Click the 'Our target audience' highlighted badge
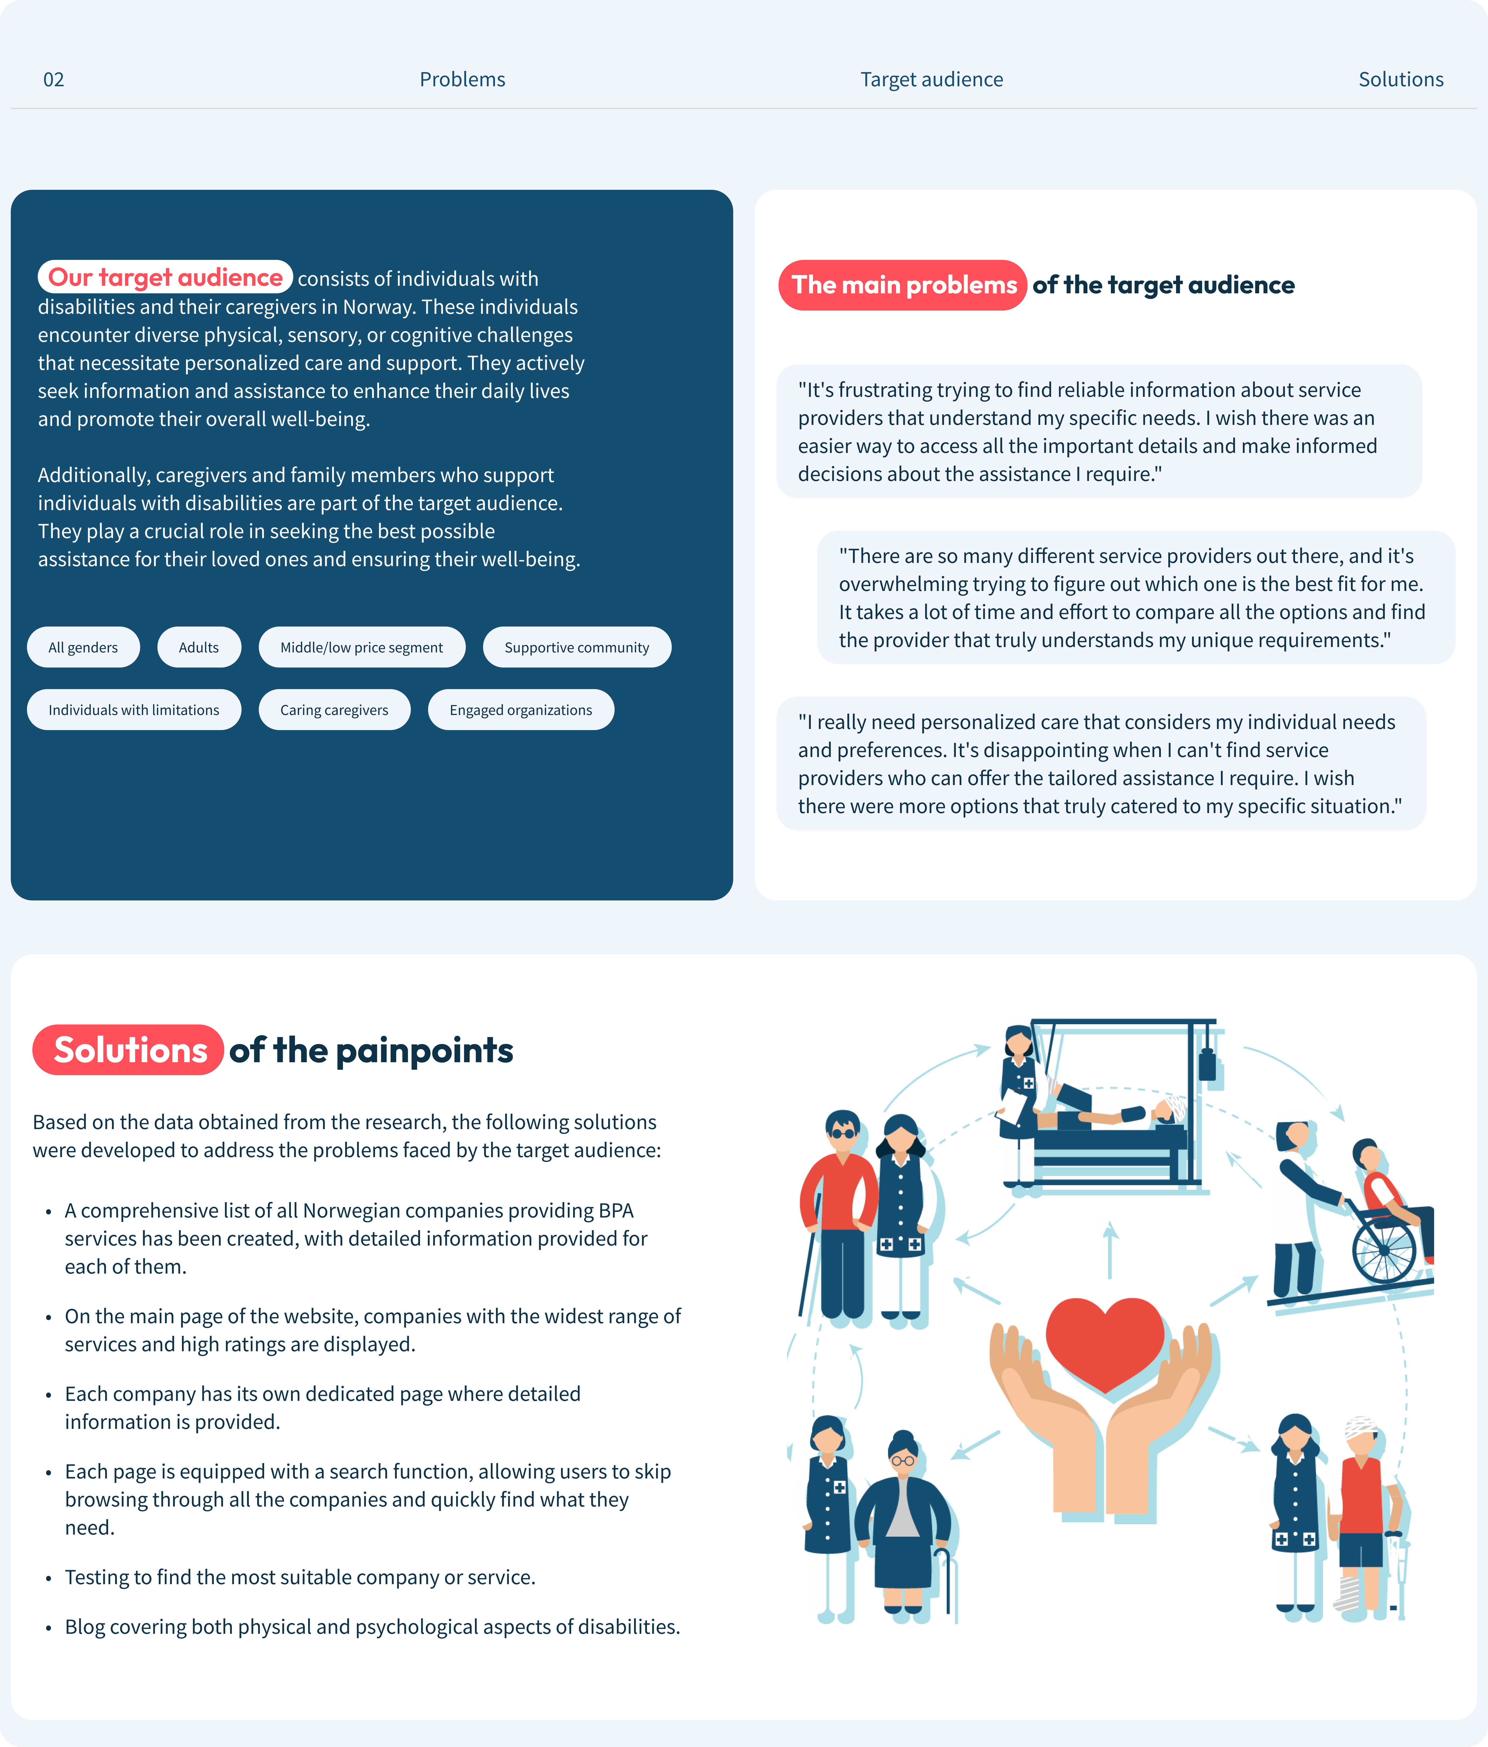[165, 277]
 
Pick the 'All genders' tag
[82, 648]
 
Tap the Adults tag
[199, 648]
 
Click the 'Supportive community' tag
[577, 648]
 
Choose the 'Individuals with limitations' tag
[133, 710]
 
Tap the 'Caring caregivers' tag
[334, 710]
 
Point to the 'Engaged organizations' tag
[520, 710]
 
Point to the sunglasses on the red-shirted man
[842, 1132]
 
